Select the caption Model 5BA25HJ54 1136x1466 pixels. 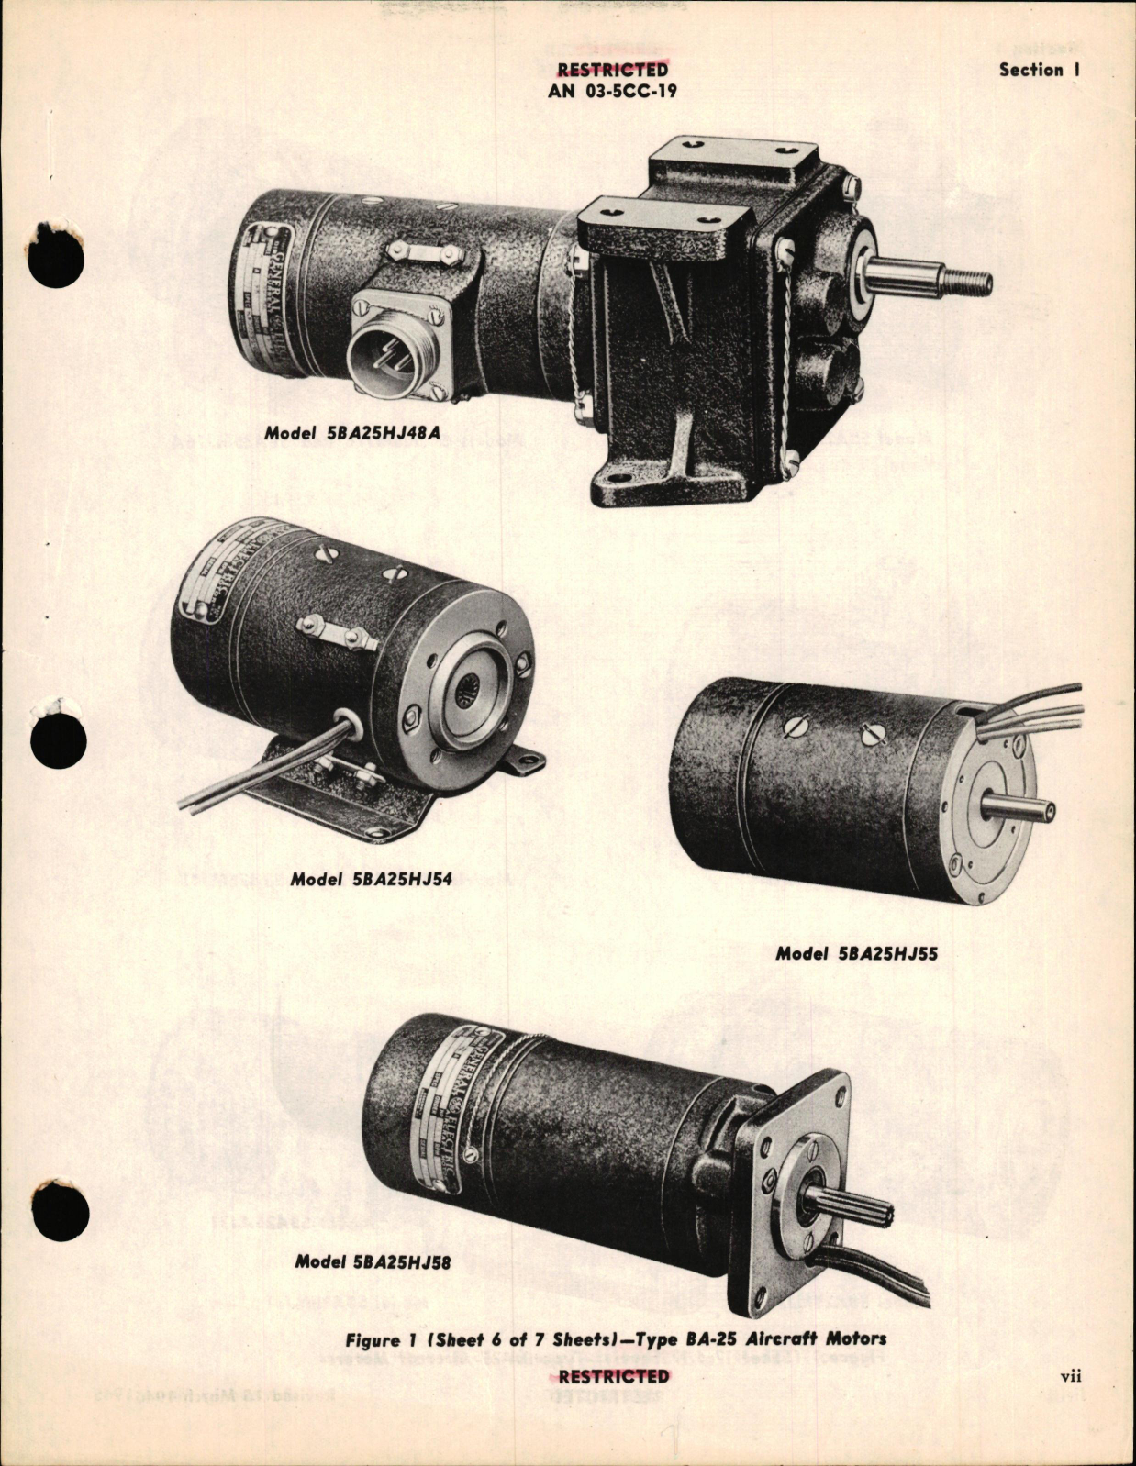click(x=371, y=879)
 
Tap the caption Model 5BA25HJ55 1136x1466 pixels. click(x=856, y=953)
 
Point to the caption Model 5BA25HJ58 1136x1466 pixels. click(x=373, y=1261)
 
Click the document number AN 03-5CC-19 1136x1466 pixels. click(x=612, y=92)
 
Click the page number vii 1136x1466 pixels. click(x=1070, y=1375)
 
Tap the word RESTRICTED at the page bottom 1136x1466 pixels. click(x=613, y=1376)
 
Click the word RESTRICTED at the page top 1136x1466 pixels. click(x=612, y=70)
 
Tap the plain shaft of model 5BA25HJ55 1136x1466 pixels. click(x=1019, y=808)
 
